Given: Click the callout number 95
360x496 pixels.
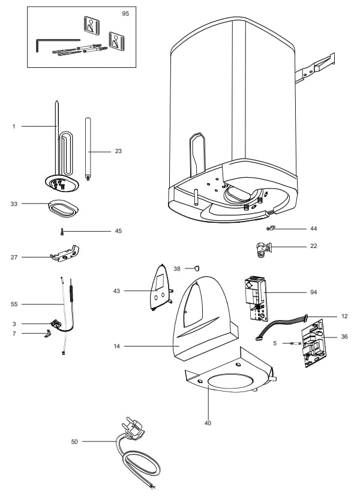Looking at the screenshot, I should (x=125, y=13).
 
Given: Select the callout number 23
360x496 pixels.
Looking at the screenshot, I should (x=118, y=151).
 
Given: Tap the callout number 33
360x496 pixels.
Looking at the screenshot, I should (x=14, y=204).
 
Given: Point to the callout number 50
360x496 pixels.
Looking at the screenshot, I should (x=74, y=442).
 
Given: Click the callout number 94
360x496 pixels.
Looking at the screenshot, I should (x=313, y=292).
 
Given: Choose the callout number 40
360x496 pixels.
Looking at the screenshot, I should (x=208, y=423).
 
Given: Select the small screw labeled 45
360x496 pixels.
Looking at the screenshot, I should (x=61, y=231).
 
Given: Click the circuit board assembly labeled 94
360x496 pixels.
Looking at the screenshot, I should (x=254, y=297).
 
